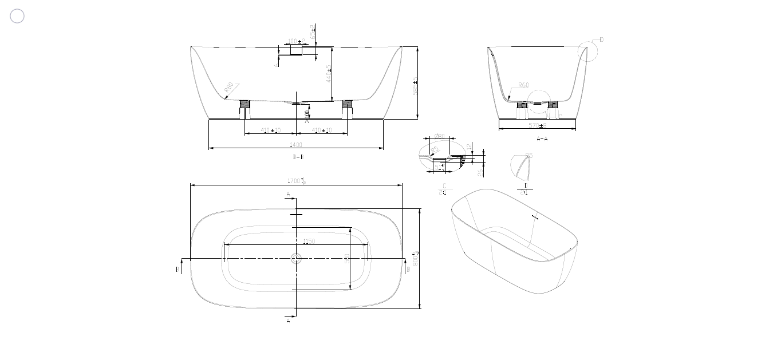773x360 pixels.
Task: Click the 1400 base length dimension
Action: [x=295, y=145]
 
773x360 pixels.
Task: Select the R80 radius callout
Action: [x=230, y=88]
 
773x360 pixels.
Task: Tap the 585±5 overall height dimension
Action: [x=415, y=86]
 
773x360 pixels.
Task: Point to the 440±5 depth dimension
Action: [x=329, y=73]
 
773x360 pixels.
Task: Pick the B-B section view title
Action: [x=298, y=156]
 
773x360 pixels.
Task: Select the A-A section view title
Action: [x=542, y=139]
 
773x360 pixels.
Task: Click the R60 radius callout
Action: [x=523, y=85]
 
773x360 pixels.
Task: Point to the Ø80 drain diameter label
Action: [x=439, y=136]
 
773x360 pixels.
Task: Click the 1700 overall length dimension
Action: [x=295, y=181]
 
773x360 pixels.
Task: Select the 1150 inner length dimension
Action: [x=309, y=242]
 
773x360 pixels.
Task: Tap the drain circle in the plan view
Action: [x=295, y=259]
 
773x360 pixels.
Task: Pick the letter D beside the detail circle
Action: [x=601, y=39]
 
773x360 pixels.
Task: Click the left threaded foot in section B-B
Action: [x=244, y=104]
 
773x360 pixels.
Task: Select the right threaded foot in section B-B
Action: [x=346, y=104]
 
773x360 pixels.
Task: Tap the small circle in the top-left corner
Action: [x=17, y=16]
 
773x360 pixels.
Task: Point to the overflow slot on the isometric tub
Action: [x=535, y=217]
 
